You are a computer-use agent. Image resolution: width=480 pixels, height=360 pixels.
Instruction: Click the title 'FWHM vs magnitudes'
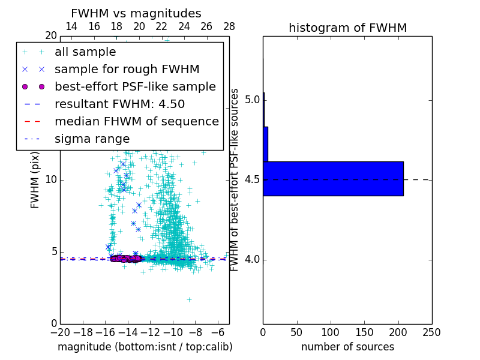click(136, 14)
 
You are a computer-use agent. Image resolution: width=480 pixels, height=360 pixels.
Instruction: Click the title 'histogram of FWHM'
click(347, 28)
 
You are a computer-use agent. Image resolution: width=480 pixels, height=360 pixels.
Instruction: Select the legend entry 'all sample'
click(85, 52)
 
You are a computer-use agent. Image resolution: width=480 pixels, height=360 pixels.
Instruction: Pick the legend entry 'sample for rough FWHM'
click(127, 70)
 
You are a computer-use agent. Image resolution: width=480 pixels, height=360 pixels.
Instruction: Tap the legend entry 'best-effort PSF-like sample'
click(135, 86)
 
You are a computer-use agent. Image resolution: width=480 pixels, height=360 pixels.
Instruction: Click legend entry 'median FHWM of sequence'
click(137, 121)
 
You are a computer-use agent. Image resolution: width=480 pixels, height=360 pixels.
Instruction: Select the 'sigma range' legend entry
click(92, 139)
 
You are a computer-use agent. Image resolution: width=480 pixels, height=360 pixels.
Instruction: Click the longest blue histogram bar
click(333, 179)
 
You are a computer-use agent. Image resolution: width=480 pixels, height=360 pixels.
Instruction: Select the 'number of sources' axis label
click(347, 347)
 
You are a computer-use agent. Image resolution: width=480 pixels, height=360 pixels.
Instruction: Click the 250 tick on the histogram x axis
click(432, 332)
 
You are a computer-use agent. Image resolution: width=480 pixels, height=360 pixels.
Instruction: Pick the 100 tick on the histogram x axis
click(331, 332)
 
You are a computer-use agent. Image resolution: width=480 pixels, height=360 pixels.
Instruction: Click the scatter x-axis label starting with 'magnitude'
click(145, 347)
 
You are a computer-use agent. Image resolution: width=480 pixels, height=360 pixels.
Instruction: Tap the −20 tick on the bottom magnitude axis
click(60, 332)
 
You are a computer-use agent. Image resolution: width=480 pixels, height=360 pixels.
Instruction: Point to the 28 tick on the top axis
click(229, 26)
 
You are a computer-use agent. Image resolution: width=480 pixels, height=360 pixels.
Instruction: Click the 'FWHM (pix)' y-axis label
click(35, 180)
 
